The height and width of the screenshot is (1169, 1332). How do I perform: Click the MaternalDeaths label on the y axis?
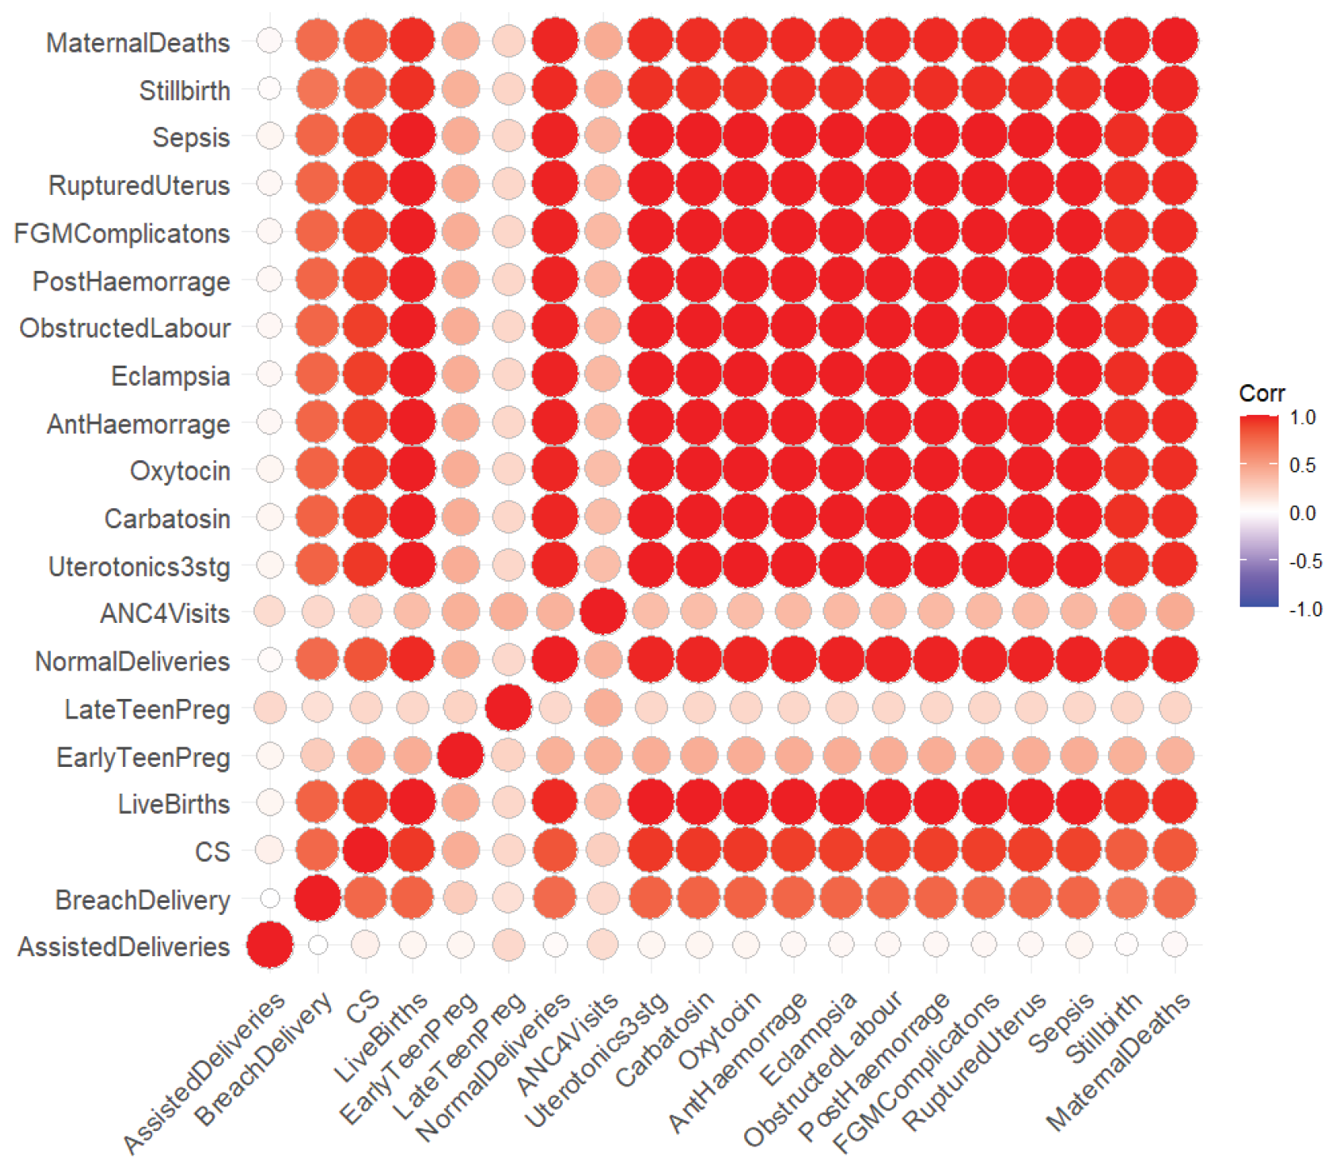tap(137, 43)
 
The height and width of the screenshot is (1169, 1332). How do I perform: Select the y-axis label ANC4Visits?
tap(165, 613)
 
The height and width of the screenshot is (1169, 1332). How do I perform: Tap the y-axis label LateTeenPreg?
tap(147, 709)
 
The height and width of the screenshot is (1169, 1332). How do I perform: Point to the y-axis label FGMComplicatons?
tap(122, 234)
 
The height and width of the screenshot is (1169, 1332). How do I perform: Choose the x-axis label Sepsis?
tap(1062, 1023)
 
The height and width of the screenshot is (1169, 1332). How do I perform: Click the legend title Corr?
tap(1261, 394)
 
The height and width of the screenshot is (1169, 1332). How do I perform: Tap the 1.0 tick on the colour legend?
tap(1302, 417)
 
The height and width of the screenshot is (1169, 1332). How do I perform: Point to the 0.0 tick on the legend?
tap(1302, 513)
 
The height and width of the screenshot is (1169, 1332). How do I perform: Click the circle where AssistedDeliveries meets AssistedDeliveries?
tap(270, 945)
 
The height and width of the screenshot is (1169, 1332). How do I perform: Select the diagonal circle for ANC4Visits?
tap(603, 612)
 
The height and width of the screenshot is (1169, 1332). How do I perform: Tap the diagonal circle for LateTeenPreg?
tap(508, 707)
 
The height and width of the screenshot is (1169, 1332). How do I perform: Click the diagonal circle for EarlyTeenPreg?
tap(460, 755)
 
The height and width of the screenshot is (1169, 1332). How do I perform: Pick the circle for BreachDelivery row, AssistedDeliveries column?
tap(270, 898)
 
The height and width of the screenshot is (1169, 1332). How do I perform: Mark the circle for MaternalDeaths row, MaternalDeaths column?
tap(1174, 40)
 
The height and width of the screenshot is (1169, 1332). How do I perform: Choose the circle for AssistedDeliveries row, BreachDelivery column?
tap(318, 945)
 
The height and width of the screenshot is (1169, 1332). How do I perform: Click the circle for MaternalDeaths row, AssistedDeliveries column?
tap(270, 40)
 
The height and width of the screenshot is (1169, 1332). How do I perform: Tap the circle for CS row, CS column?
tap(365, 850)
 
